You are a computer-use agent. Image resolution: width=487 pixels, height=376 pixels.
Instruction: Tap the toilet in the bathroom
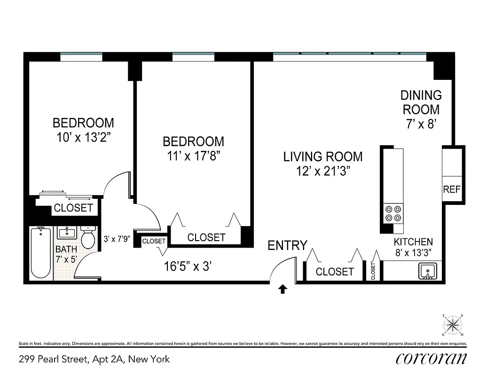point(87,238)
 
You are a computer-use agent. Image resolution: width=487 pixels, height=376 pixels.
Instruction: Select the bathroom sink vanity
point(68,233)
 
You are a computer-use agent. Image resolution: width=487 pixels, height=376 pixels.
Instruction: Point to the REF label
point(452,190)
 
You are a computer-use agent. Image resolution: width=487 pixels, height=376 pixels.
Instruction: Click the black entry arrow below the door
point(283,289)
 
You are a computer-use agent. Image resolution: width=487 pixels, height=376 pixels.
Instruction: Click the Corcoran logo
point(431,359)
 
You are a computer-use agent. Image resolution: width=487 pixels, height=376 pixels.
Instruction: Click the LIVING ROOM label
point(322,157)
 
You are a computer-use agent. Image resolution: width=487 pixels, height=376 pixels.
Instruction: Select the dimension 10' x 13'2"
point(83,138)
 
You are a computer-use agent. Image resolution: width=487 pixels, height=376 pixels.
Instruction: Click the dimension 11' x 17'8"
point(193,156)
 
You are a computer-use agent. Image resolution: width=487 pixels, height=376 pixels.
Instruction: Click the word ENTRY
point(287,245)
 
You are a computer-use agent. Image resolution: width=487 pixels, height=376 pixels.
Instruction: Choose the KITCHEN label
point(413,242)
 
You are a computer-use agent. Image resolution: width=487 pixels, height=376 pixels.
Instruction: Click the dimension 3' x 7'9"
point(117,239)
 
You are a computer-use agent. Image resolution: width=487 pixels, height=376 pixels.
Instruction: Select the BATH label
point(66,249)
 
